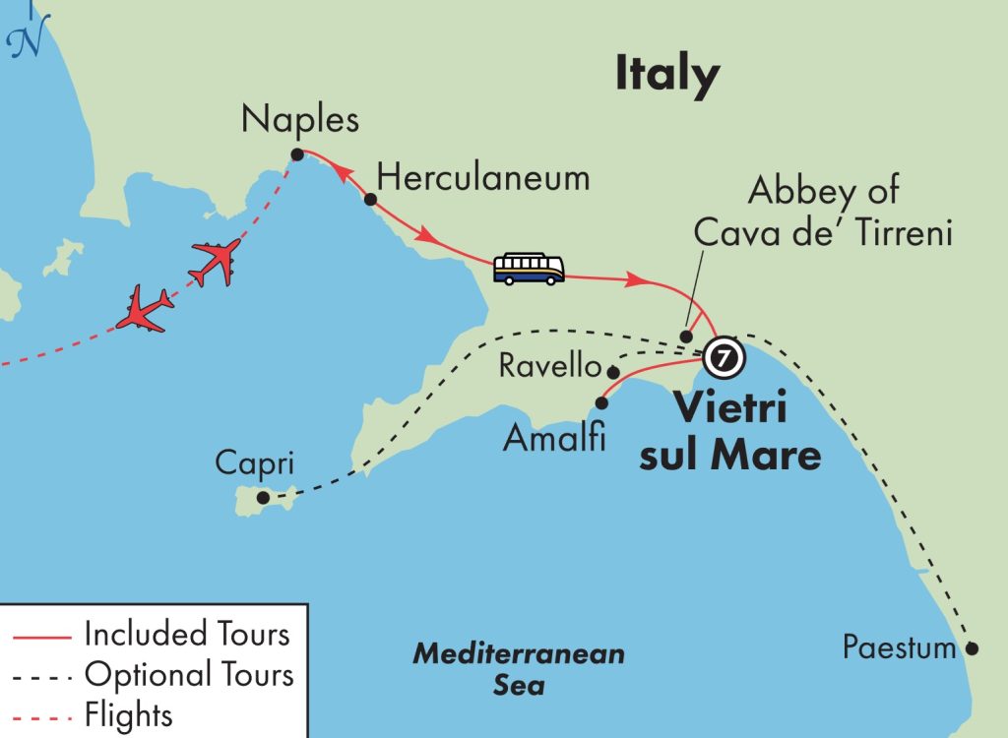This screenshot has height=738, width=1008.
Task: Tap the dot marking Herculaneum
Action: (x=370, y=199)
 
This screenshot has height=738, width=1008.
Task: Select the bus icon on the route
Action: (x=529, y=269)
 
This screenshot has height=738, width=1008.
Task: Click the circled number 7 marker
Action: (x=724, y=356)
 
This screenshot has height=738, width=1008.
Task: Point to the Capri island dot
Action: (x=263, y=498)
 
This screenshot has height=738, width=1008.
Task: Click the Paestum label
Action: (x=899, y=648)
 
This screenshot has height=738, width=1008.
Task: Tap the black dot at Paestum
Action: (x=972, y=648)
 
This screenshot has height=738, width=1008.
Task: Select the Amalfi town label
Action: (x=554, y=437)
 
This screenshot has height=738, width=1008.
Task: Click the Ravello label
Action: (x=549, y=366)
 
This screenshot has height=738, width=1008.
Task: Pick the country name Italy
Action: (x=667, y=75)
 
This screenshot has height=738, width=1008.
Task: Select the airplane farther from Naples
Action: (x=145, y=310)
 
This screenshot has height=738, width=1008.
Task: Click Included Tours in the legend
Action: (x=187, y=634)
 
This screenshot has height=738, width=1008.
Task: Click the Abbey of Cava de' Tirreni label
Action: (x=823, y=213)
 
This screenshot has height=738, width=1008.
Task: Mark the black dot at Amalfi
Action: (x=600, y=401)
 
